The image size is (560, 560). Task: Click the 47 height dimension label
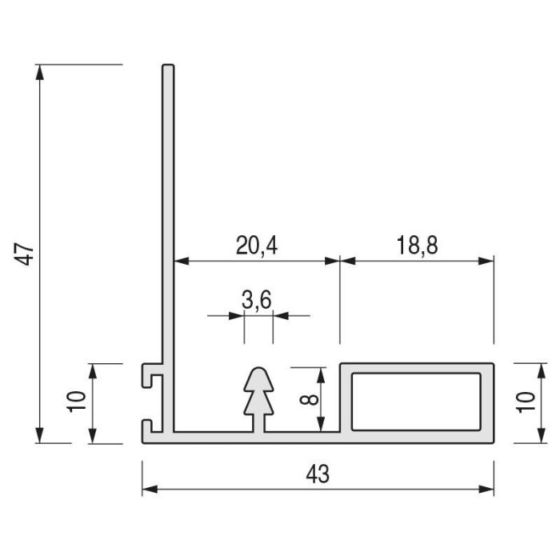pyautogui.click(x=24, y=254)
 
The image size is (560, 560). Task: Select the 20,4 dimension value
pyautogui.click(x=257, y=246)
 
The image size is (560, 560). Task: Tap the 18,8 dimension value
pyautogui.click(x=417, y=246)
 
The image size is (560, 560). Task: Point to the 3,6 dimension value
pyautogui.click(x=257, y=299)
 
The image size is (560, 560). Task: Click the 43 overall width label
pyautogui.click(x=318, y=474)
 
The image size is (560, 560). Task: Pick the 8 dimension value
pyautogui.click(x=309, y=399)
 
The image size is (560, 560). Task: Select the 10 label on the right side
pyautogui.click(x=526, y=402)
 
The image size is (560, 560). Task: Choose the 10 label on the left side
pyautogui.click(x=77, y=402)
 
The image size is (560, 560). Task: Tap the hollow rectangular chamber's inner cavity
pyautogui.click(x=416, y=402)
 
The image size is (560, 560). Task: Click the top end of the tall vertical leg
pyautogui.click(x=168, y=66)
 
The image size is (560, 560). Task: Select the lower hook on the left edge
pyautogui.click(x=151, y=426)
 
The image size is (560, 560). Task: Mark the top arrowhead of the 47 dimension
pyautogui.click(x=40, y=72)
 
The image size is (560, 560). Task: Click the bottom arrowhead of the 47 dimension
pyautogui.click(x=40, y=435)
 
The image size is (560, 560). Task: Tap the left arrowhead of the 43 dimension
pyautogui.click(x=150, y=490)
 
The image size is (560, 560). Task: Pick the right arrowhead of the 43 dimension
pyautogui.click(x=486, y=490)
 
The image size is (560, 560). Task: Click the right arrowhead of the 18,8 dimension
pyautogui.click(x=486, y=262)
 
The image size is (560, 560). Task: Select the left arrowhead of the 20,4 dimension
pyautogui.click(x=182, y=262)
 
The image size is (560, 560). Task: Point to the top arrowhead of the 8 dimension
pyautogui.click(x=321, y=375)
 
